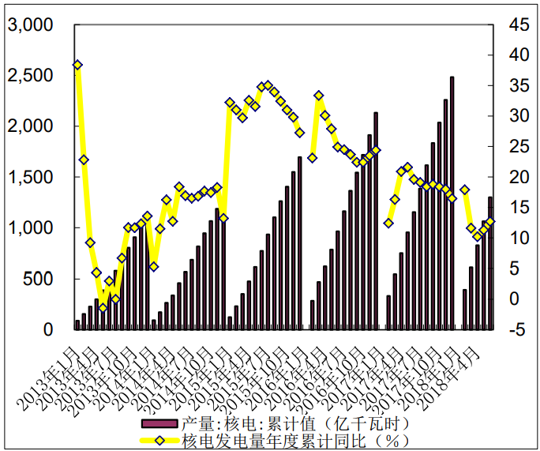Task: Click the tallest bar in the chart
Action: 452,202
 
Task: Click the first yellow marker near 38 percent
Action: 77,65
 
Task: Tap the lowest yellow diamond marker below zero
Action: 103,307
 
